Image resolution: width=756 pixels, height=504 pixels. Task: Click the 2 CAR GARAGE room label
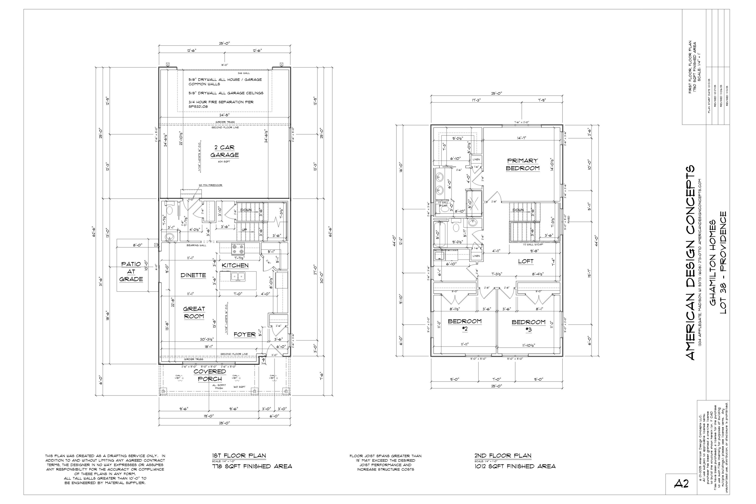224,151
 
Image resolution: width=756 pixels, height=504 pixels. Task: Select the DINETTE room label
193,275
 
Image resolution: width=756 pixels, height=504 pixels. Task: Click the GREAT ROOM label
194,313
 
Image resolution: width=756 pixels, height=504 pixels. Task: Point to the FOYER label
244,334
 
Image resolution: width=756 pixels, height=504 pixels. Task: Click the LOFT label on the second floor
526,261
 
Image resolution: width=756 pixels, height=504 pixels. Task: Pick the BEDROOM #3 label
528,325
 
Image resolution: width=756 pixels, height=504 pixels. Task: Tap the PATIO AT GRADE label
131,272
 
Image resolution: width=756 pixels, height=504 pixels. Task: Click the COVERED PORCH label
210,375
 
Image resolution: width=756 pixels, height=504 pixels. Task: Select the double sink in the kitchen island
238,276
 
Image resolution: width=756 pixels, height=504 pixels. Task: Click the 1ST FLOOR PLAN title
239,456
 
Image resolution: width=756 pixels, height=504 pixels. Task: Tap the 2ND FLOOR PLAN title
503,456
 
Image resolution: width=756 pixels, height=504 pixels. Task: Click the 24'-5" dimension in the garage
224,115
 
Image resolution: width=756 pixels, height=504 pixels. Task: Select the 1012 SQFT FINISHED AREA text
515,466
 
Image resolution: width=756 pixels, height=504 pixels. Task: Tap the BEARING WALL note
196,245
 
